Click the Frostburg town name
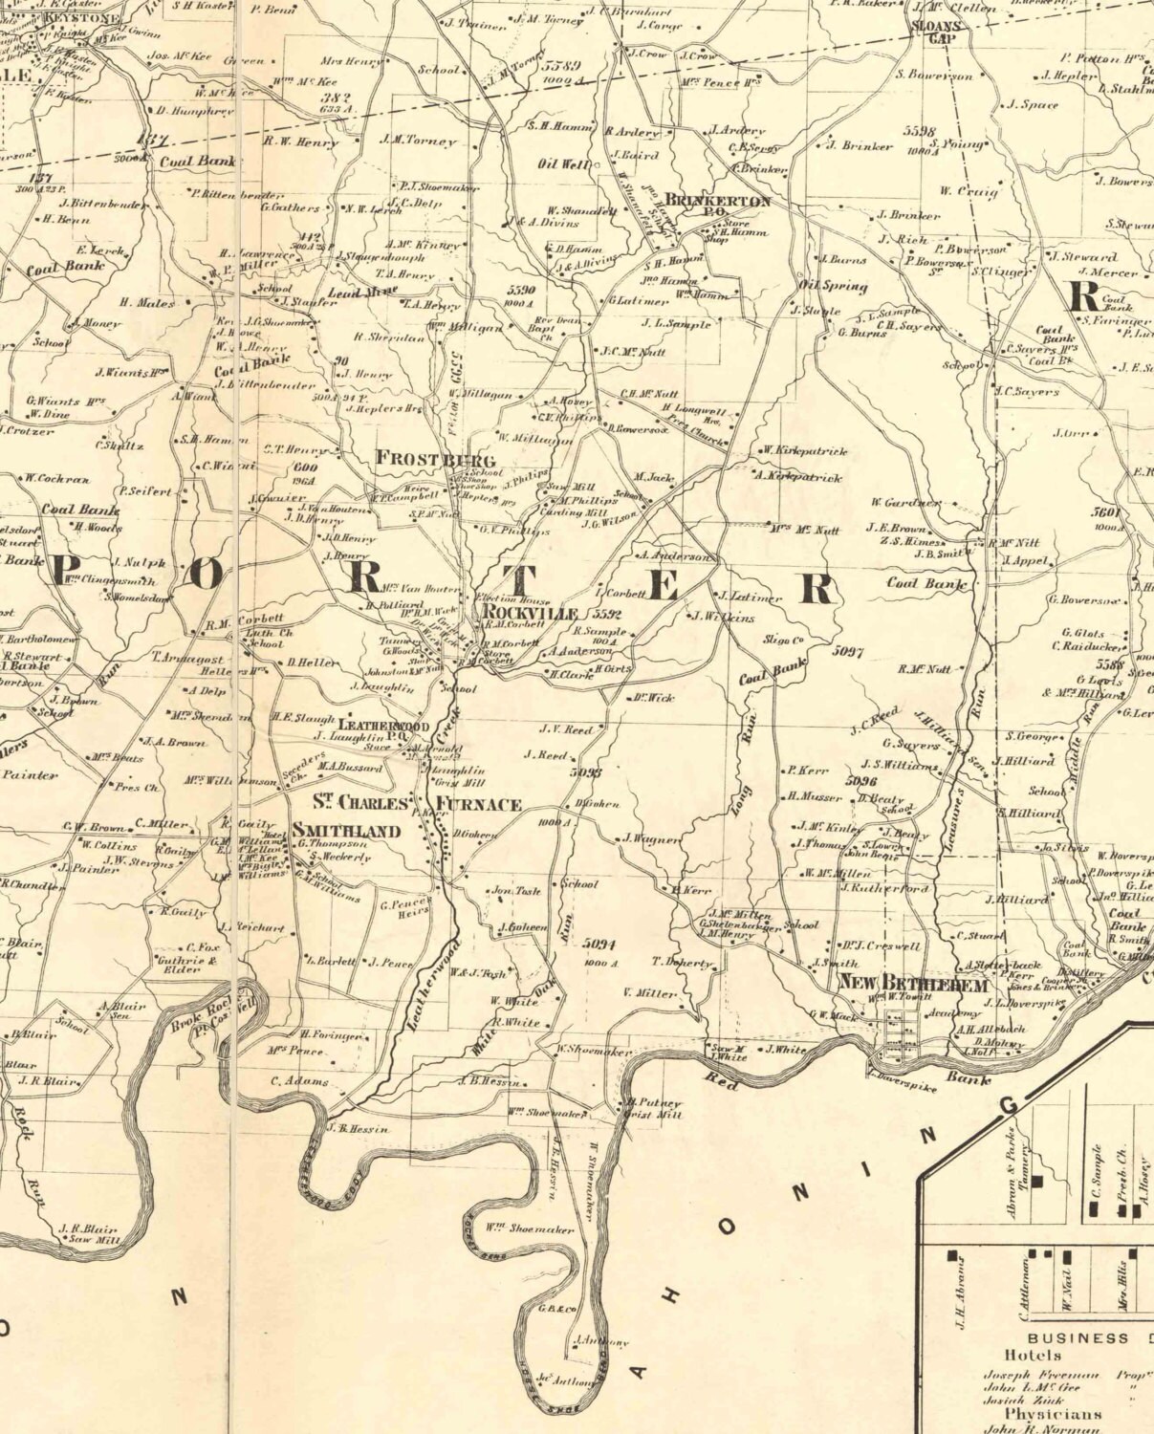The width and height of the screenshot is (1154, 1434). point(434,459)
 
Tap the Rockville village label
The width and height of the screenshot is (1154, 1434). point(531,612)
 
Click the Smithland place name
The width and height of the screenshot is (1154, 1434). point(345,831)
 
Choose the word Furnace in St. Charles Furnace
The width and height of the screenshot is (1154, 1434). point(479,804)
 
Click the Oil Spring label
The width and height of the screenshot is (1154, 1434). point(833,286)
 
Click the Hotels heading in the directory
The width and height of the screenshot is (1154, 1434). point(1032,1355)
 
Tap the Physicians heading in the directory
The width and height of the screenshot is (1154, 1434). point(1052,1413)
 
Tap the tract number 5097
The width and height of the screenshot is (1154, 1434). point(848,651)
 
